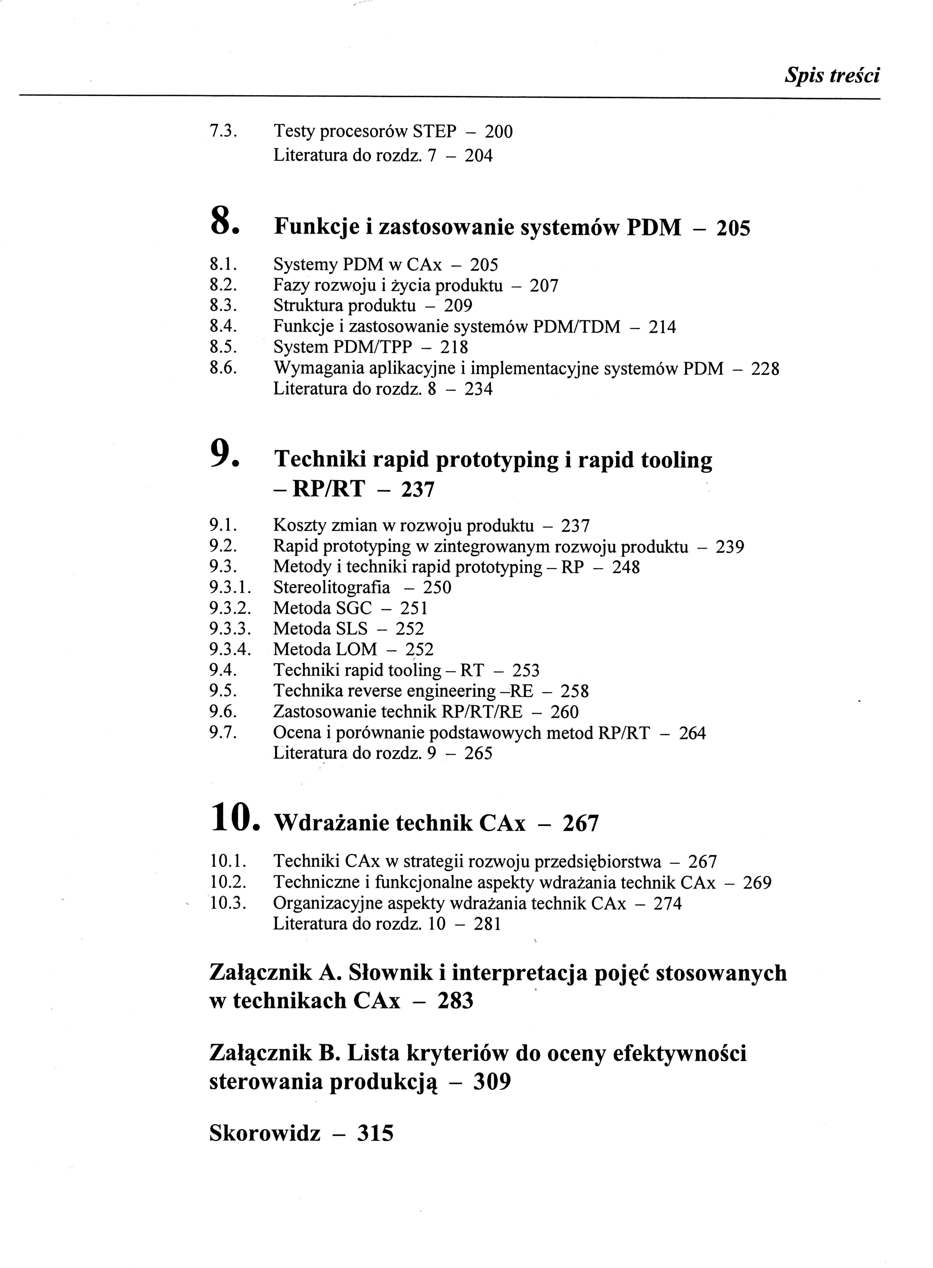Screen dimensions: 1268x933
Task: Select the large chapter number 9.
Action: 220,454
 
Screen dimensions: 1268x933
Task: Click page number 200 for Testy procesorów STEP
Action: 499,132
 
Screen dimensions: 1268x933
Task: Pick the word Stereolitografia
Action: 332,588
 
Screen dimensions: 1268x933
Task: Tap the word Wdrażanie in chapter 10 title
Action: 330,824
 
